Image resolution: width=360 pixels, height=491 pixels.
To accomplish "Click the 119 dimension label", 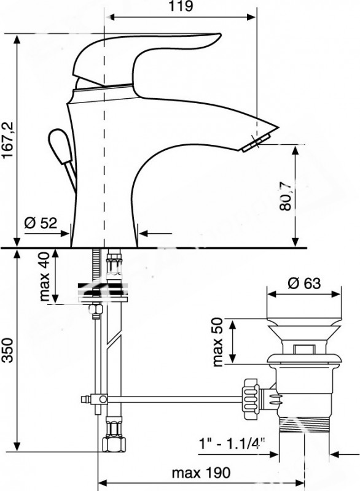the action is (181, 6).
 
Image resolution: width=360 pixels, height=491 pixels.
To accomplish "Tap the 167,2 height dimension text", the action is (7, 140).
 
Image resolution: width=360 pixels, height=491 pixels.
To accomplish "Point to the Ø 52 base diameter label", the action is (41, 223).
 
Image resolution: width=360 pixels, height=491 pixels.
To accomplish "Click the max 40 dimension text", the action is (44, 277).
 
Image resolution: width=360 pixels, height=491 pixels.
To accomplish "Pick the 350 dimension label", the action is (7, 350).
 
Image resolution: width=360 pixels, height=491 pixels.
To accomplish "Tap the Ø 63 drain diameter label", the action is (304, 284).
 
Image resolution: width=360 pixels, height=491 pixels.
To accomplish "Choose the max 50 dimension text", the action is (217, 342).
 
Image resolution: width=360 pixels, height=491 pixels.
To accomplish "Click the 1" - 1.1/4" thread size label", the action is (232, 444).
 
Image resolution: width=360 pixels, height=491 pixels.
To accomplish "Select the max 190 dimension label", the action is (201, 473).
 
